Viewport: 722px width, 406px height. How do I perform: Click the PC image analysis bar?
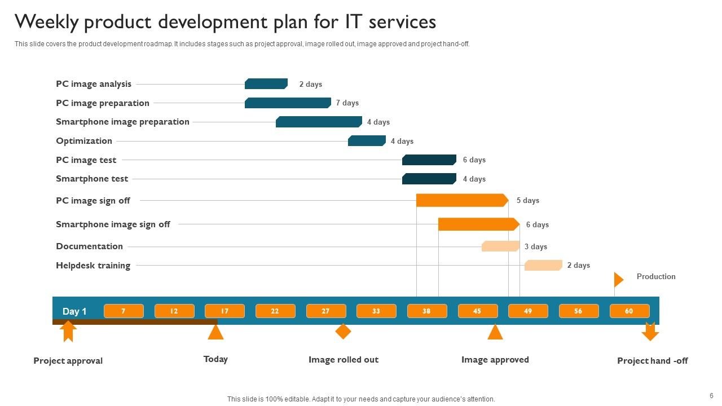[266, 84]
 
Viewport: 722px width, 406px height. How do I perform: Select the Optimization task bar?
[367, 141]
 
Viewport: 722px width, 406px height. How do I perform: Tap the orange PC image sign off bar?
[462, 200]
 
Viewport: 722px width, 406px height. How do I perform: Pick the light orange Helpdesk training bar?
[543, 265]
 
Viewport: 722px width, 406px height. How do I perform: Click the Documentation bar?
[500, 246]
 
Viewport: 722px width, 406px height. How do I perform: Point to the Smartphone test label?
[92, 179]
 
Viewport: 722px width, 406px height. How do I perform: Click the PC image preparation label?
[103, 103]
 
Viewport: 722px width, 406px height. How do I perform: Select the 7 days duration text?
[347, 103]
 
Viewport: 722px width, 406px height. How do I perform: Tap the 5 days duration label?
[528, 201]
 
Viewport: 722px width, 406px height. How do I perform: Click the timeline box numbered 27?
[325, 311]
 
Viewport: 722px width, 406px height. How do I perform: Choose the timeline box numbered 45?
[477, 311]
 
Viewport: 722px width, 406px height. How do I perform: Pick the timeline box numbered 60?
[629, 311]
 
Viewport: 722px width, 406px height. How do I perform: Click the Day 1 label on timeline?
[74, 311]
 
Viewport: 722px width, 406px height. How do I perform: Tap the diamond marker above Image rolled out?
[343, 332]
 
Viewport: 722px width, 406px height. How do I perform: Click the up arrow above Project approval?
[68, 332]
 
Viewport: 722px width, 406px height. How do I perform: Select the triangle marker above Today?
[215, 332]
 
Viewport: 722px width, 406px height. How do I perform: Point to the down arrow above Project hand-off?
[650, 332]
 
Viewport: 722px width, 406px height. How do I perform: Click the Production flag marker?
[618, 279]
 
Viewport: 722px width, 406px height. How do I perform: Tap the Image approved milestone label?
[495, 360]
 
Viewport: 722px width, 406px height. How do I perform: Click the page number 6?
[711, 396]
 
